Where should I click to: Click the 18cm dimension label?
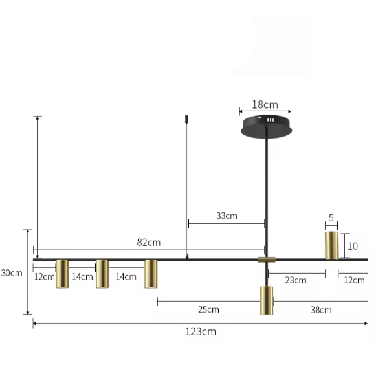265,105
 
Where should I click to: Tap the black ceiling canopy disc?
267,127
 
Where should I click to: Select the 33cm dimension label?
227,216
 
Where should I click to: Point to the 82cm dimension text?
148,242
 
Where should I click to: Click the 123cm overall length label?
201,331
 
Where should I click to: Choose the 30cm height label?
12,273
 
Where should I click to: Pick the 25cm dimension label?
208,309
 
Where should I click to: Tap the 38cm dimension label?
321,310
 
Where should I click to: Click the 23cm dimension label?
295,280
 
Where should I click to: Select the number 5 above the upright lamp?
331,218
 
